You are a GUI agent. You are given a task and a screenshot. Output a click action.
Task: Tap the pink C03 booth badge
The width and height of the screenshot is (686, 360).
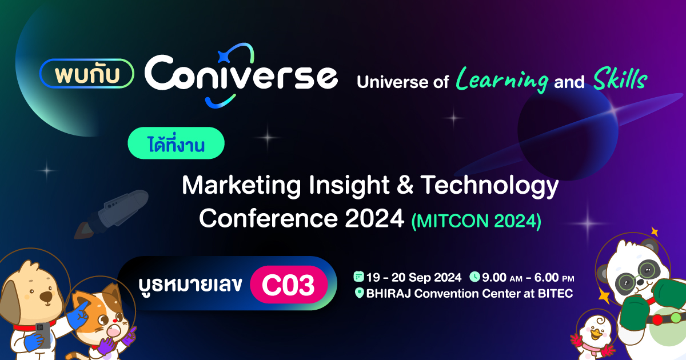[x=289, y=285]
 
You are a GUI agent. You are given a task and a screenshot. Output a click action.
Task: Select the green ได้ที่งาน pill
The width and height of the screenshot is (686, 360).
[x=176, y=143]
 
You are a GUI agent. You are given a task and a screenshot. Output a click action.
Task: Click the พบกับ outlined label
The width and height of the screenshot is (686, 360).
[x=87, y=74]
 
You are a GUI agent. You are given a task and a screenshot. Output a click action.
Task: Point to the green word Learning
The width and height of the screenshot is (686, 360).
[x=502, y=80]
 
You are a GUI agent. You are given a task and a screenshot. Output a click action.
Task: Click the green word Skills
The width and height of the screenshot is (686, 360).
[x=620, y=79]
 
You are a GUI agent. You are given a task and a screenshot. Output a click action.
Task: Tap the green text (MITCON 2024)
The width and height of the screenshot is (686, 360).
[x=476, y=221]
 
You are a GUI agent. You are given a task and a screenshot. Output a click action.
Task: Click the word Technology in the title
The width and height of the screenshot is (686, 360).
[x=490, y=186]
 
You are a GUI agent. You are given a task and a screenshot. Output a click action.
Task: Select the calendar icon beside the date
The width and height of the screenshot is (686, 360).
[x=358, y=277]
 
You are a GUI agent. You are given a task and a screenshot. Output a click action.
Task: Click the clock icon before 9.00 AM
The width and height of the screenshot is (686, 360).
[x=474, y=277]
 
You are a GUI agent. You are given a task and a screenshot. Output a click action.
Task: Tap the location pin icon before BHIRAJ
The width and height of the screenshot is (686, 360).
[x=359, y=293]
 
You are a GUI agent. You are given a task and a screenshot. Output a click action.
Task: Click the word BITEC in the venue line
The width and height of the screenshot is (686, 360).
[x=556, y=293]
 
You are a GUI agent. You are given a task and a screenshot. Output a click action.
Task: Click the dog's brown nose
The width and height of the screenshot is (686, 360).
[x=46, y=297]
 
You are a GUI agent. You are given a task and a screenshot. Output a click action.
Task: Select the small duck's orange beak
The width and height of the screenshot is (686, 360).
[x=596, y=333]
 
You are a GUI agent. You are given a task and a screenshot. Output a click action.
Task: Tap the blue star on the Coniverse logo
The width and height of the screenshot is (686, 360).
[x=224, y=57]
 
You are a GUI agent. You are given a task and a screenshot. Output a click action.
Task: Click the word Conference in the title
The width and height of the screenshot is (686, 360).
[x=268, y=218]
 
